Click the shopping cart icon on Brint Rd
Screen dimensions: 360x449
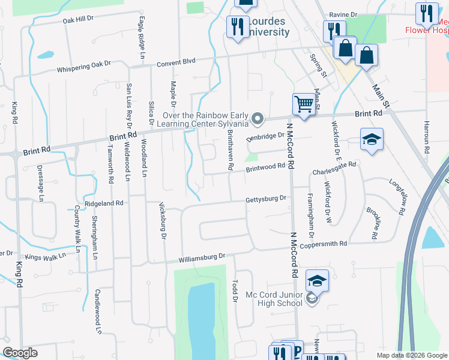tap(304, 105)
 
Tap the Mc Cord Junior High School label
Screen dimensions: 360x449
tap(274, 299)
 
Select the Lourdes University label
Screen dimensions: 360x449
tap(268, 27)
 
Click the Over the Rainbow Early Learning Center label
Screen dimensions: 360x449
tap(205, 119)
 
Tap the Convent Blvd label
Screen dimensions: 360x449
tap(176, 61)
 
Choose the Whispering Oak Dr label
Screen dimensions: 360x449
tap(84, 66)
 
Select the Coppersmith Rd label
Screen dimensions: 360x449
tap(328, 244)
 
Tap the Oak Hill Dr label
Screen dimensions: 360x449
tap(79, 19)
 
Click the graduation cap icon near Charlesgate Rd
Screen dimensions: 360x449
tap(372, 140)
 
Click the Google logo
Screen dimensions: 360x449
tap(20, 353)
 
